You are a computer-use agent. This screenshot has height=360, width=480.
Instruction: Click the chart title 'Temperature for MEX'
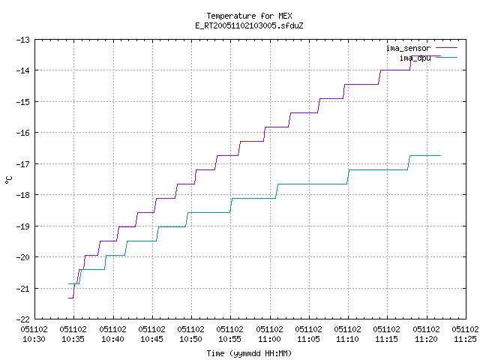coord(249,16)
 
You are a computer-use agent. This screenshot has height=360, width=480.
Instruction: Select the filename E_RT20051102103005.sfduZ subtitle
coord(249,25)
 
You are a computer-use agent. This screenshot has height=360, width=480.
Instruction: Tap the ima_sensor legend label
coord(408,48)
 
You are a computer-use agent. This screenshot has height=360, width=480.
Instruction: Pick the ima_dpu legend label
coord(415,58)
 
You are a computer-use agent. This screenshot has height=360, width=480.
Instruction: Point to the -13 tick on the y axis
coord(23,40)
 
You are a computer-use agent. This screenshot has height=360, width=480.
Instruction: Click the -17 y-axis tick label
coord(23,164)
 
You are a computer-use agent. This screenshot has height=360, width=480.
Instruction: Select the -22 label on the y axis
coord(23,319)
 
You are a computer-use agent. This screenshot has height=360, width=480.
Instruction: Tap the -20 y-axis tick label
coord(23,257)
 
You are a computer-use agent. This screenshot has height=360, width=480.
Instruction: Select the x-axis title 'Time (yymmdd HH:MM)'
coord(249,353)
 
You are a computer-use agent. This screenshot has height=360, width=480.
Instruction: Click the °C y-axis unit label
coord(9,180)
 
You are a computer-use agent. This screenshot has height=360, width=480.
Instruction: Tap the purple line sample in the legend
coord(447,48)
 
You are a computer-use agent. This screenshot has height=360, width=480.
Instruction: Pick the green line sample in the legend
coord(447,57)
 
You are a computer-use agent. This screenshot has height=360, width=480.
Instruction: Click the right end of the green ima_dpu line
coord(440,155)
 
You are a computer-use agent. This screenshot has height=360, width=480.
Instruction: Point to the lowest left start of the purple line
coord(68,298)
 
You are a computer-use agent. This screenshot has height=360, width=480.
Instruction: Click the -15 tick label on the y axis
coord(23,102)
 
